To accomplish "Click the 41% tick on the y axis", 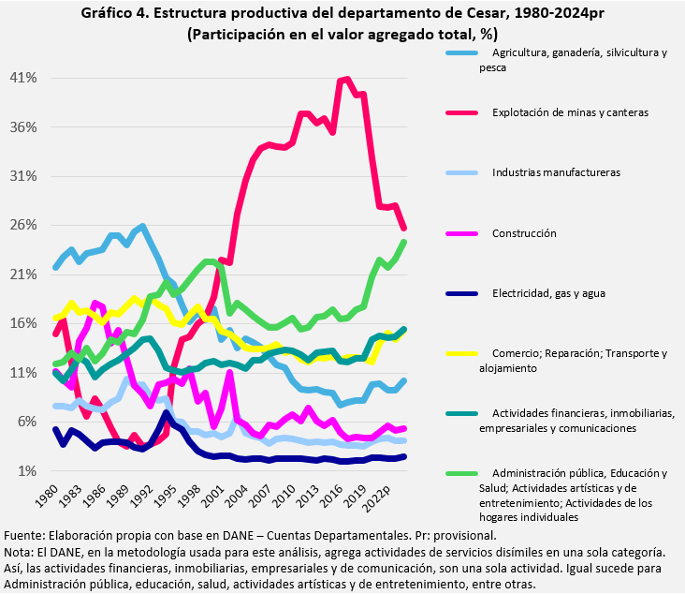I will click(23, 78).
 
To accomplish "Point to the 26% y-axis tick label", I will click(23, 225).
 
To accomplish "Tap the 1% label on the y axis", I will click(27, 470).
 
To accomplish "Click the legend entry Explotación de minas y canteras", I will click(570, 112).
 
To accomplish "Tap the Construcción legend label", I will click(524, 232).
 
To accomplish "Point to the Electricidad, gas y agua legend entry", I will click(548, 292).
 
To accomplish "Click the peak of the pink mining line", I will click(347, 79).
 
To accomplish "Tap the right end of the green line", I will click(404, 242).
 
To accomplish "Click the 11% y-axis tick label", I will click(23, 372).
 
